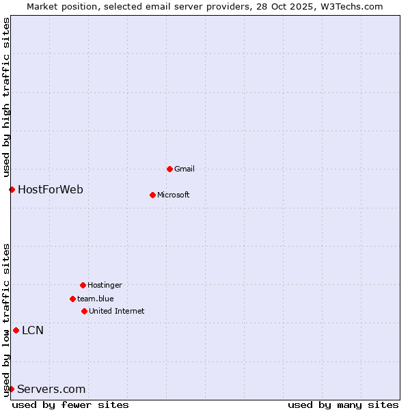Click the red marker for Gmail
pyautogui.click(x=169, y=169)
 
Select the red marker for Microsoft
pyautogui.click(x=152, y=195)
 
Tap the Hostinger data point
pyautogui.click(x=83, y=285)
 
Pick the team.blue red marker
pyautogui.click(x=72, y=299)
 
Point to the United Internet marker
pyautogui.click(x=84, y=311)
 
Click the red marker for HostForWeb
pyautogui.click(x=12, y=189)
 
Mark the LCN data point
pyautogui.click(x=16, y=330)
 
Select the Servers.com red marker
pyautogui.click(x=11, y=389)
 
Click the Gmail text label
pyautogui.click(x=184, y=169)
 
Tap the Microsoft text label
pyautogui.click(x=173, y=195)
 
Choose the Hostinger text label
pyautogui.click(x=105, y=285)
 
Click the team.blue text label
pyautogui.click(x=95, y=299)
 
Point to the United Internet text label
pyautogui.click(x=116, y=311)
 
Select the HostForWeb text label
pyautogui.click(x=51, y=189)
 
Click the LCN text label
pyautogui.click(x=33, y=331)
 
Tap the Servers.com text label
pyautogui.click(x=51, y=389)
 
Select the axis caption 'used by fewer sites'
pyautogui.click(x=70, y=405)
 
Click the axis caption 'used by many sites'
pyautogui.click(x=343, y=405)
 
